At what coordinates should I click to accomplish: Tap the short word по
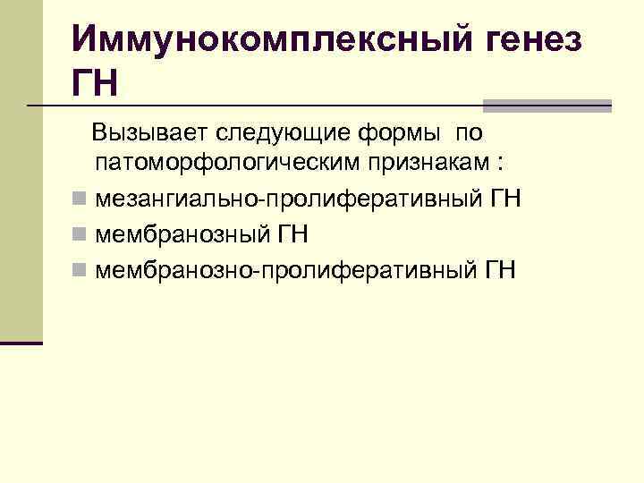click(x=468, y=134)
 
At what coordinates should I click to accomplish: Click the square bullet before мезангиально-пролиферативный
click(x=80, y=198)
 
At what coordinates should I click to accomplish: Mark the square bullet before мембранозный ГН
click(x=80, y=234)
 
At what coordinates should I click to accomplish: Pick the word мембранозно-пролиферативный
click(x=285, y=269)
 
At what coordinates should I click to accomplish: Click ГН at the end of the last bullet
click(x=501, y=269)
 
